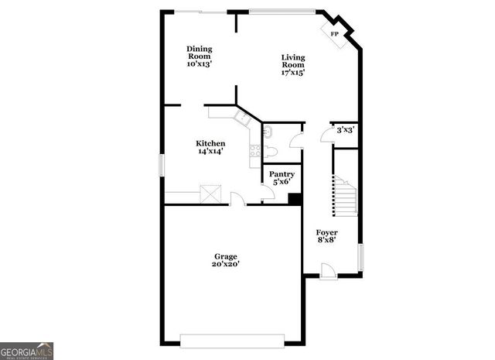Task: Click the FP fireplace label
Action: click(335, 35)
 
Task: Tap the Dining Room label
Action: click(199, 57)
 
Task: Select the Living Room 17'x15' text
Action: click(292, 65)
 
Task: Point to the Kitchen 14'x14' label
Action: click(210, 147)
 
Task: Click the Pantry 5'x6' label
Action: click(281, 178)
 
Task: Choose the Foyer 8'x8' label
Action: click(326, 236)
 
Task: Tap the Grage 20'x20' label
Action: click(226, 260)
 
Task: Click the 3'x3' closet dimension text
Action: click(345, 130)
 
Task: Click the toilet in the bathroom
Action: click(268, 132)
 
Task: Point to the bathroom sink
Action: click(270, 151)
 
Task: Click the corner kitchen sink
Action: click(242, 117)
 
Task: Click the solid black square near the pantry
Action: click(294, 198)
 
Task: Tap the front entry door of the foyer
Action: click(329, 271)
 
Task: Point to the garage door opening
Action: click(232, 341)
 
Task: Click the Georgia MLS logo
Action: click(26, 350)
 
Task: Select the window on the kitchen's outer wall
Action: click(162, 165)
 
